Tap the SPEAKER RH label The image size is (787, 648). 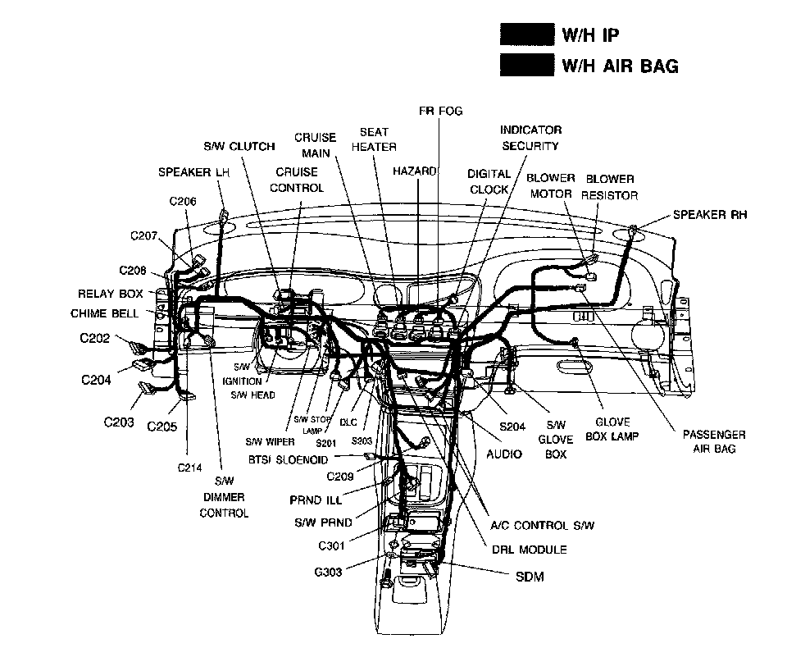(710, 215)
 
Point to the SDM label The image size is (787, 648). (530, 577)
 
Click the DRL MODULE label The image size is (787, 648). (529, 550)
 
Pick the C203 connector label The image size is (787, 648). (119, 422)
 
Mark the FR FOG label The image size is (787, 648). (440, 112)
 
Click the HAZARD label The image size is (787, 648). (415, 171)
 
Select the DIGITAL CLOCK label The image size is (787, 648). (489, 181)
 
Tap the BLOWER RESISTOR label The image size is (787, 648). (609, 187)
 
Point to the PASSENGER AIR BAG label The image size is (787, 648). (714, 441)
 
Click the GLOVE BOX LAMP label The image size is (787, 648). (612, 430)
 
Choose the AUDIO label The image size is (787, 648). (504, 454)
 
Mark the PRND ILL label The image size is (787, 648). (316, 500)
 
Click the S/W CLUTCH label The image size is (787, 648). (239, 147)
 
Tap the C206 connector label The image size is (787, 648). (183, 201)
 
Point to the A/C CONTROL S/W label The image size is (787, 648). (542, 525)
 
